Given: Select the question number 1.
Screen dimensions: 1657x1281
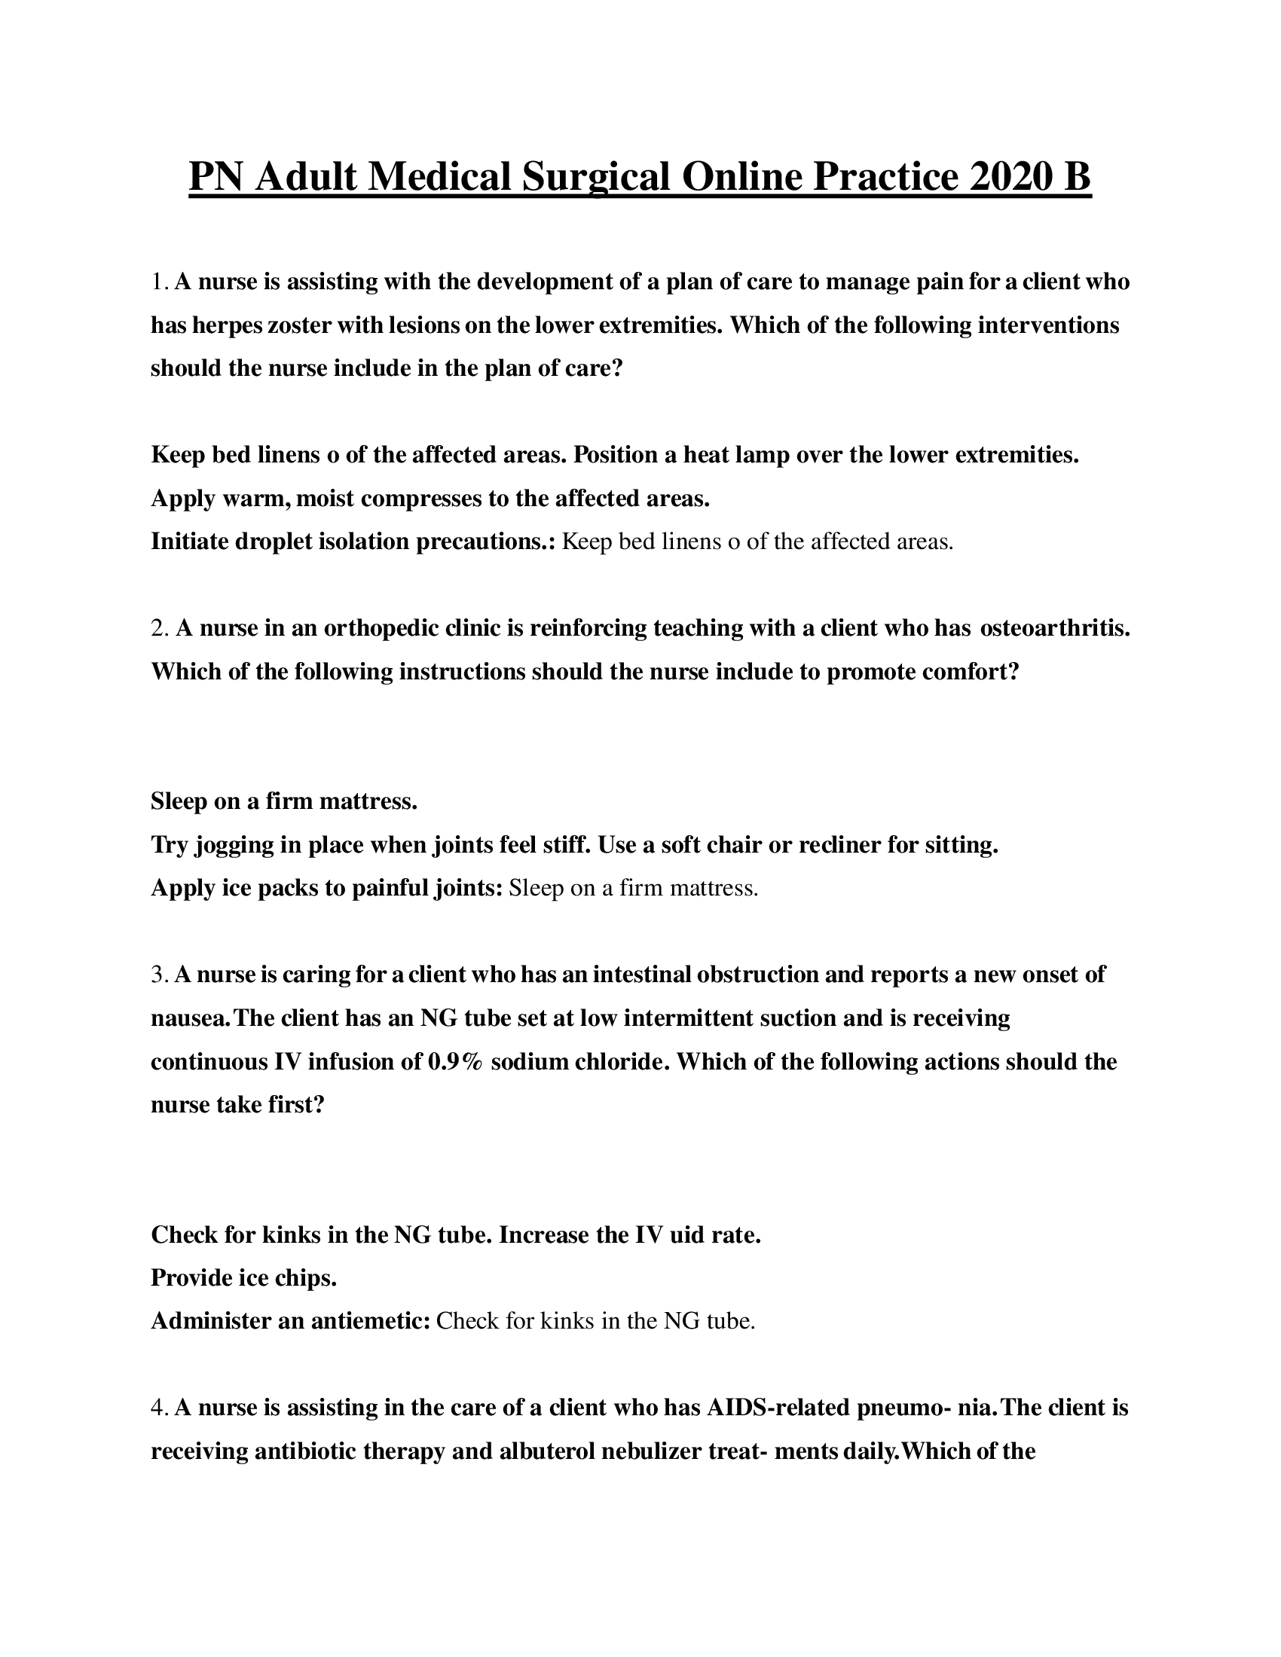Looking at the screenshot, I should tap(157, 282).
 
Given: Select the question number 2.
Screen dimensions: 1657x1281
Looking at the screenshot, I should tap(159, 628).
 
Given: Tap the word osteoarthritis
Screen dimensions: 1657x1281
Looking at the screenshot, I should tap(1055, 628).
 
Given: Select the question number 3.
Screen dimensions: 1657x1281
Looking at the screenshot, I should tap(157, 975).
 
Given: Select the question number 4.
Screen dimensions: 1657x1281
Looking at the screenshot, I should tap(158, 1408).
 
